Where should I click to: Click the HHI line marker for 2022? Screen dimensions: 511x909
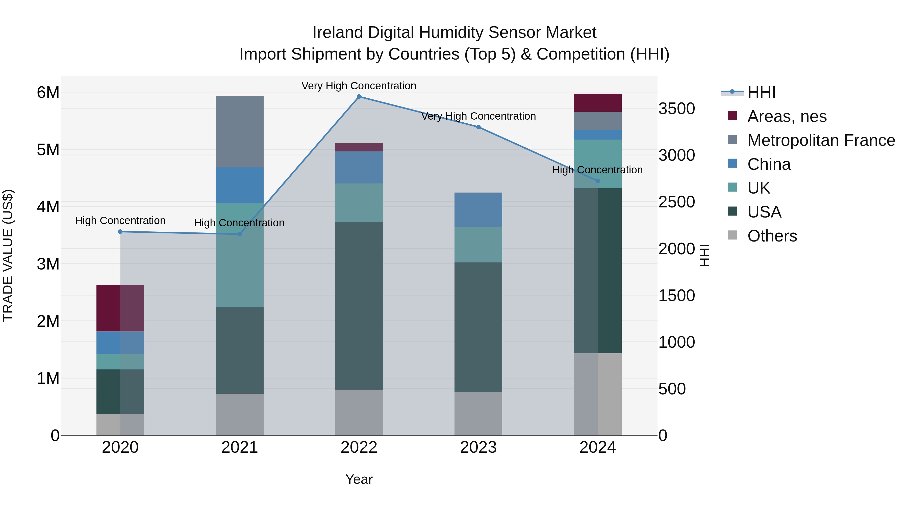[x=359, y=97]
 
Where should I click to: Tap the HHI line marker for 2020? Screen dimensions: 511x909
[x=120, y=232]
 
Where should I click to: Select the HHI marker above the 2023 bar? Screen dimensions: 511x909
[x=478, y=127]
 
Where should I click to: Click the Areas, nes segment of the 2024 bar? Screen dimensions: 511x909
[x=597, y=103]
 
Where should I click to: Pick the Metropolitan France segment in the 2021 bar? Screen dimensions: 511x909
[x=240, y=131]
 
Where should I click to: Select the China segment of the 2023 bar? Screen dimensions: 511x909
[x=478, y=210]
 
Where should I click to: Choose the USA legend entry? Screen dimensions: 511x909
[x=764, y=212]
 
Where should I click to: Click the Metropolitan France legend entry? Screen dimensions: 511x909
[x=821, y=140]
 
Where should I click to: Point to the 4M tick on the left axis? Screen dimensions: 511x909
[x=48, y=207]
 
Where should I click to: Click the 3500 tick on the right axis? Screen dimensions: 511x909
[x=676, y=109]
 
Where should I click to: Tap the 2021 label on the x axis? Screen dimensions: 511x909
[x=240, y=447]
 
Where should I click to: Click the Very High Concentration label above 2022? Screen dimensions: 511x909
[x=359, y=86]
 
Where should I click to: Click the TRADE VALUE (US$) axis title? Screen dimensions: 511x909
[x=8, y=255]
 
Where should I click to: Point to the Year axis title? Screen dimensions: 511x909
[x=359, y=479]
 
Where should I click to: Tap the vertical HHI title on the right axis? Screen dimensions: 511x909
[x=704, y=255]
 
